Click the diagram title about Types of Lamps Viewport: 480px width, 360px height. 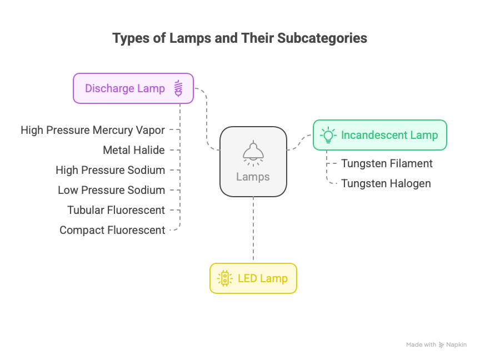click(239, 38)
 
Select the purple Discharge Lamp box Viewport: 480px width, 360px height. click(133, 88)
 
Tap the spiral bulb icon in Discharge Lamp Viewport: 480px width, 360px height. click(178, 88)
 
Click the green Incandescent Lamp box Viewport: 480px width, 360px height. click(379, 135)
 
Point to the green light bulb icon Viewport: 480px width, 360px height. click(328, 135)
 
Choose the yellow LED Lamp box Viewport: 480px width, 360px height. click(253, 278)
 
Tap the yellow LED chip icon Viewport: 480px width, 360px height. click(225, 278)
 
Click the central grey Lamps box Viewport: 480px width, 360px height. click(253, 162)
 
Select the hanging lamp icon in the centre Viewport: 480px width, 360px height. click(253, 153)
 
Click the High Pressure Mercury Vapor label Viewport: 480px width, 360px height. click(93, 130)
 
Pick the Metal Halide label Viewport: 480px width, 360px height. click(134, 150)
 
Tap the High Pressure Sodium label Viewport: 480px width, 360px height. click(111, 170)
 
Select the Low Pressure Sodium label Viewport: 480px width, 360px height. click(112, 190)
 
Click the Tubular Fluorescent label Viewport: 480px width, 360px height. click(116, 210)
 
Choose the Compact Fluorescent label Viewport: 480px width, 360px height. click(112, 230)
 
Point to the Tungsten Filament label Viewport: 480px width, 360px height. click(387, 163)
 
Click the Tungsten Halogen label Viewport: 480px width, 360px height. click(386, 183)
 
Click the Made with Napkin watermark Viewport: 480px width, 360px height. click(436, 344)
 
